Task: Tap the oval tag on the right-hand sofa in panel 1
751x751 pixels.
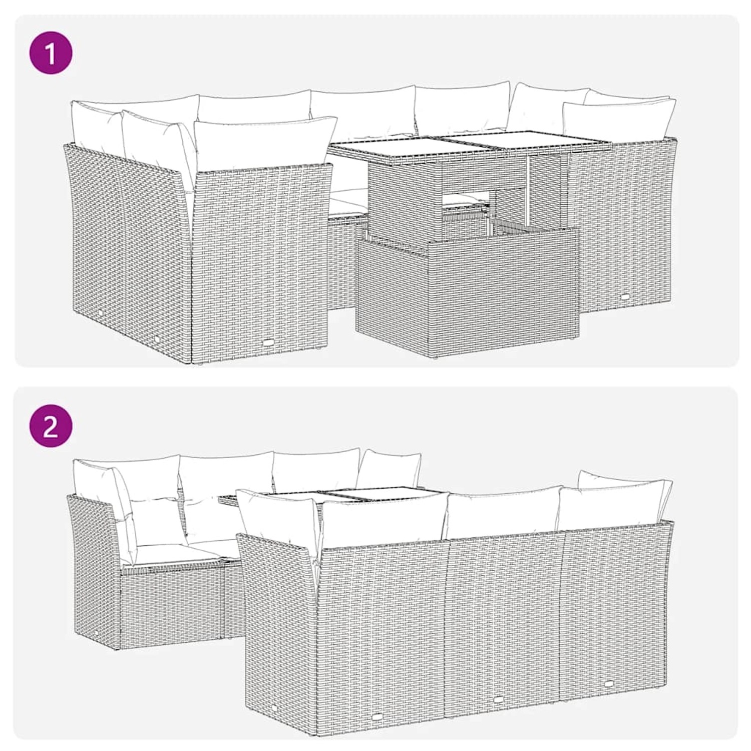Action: (625, 297)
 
